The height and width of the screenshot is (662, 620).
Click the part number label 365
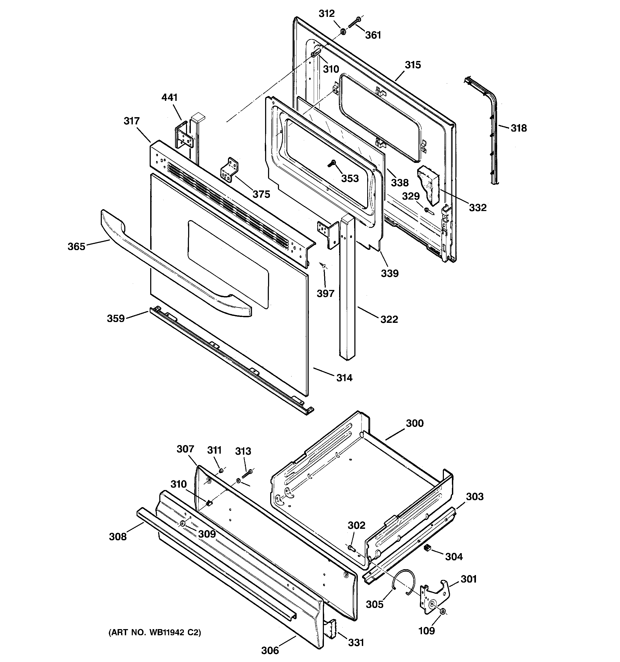click(76, 246)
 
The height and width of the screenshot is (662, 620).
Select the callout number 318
click(519, 128)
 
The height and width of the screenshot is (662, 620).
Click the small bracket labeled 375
click(230, 170)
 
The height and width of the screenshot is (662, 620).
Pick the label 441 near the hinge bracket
click(169, 98)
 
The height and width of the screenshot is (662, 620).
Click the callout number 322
click(389, 319)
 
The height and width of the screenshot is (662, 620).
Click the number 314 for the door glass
click(344, 378)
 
